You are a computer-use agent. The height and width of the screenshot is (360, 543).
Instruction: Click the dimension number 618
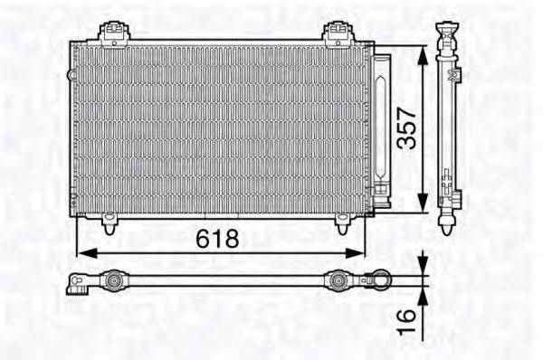218,238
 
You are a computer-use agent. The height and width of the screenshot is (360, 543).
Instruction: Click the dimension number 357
406,128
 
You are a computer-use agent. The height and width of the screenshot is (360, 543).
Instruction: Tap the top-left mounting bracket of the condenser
114,33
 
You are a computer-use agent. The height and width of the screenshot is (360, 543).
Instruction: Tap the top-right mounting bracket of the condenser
337,33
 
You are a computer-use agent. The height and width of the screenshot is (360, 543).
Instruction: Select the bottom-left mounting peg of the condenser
110,223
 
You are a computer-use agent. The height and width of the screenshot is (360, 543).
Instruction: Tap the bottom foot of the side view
448,221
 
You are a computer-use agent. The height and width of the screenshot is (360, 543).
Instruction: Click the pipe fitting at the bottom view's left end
78,285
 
